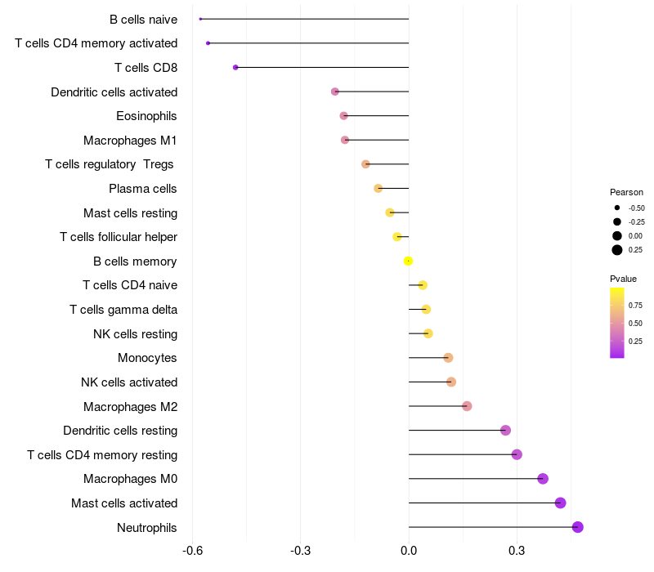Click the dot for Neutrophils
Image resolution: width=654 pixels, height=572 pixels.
click(578, 527)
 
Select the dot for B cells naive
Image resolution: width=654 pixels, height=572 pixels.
click(200, 19)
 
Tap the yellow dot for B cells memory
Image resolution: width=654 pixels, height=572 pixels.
click(408, 261)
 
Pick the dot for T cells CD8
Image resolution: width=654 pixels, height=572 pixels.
click(235, 67)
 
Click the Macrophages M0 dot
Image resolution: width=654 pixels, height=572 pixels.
click(543, 479)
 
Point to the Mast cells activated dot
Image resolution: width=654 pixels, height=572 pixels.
click(561, 503)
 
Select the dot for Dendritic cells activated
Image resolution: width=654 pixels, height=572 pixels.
click(335, 92)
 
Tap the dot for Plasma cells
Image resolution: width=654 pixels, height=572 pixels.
click(379, 189)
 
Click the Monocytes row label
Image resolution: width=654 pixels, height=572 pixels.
click(147, 358)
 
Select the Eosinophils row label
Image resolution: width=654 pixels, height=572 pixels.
click(146, 116)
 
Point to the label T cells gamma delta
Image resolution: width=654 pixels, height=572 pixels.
click(123, 310)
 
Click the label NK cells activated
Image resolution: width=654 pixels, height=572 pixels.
click(129, 382)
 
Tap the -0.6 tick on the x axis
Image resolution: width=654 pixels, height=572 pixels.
click(192, 551)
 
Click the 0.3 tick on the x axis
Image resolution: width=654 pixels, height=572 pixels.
click(517, 551)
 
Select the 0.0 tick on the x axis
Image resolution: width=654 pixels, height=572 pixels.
click(409, 551)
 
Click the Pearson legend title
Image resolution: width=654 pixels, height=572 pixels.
click(626, 192)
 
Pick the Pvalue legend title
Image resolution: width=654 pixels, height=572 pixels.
click(623, 279)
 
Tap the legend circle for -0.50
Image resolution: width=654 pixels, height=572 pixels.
click(617, 208)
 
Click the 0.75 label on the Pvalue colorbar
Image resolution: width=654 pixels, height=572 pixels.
click(635, 305)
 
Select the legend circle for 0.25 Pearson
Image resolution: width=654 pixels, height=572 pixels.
click(617, 250)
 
